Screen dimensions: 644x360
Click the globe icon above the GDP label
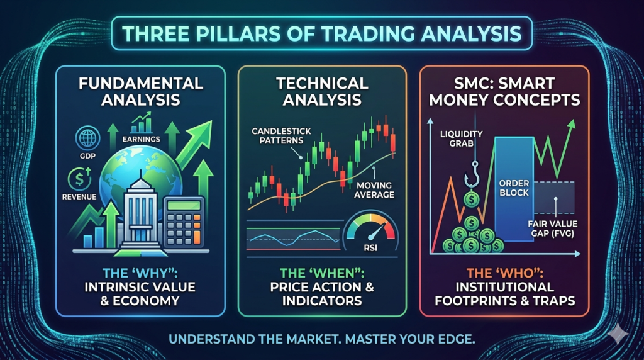[x=88, y=138]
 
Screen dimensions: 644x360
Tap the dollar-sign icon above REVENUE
[x=79, y=179]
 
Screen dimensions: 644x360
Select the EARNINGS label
[x=142, y=139]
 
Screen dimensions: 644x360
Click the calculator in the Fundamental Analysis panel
[x=184, y=222]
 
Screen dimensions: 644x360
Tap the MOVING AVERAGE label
[x=374, y=190]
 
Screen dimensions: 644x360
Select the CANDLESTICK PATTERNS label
[x=281, y=135]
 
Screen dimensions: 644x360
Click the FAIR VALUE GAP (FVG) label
[x=552, y=229]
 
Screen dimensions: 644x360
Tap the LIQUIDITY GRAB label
[x=461, y=139]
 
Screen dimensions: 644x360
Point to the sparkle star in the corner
[x=618, y=335]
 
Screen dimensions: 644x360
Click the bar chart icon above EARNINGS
[x=142, y=124]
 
